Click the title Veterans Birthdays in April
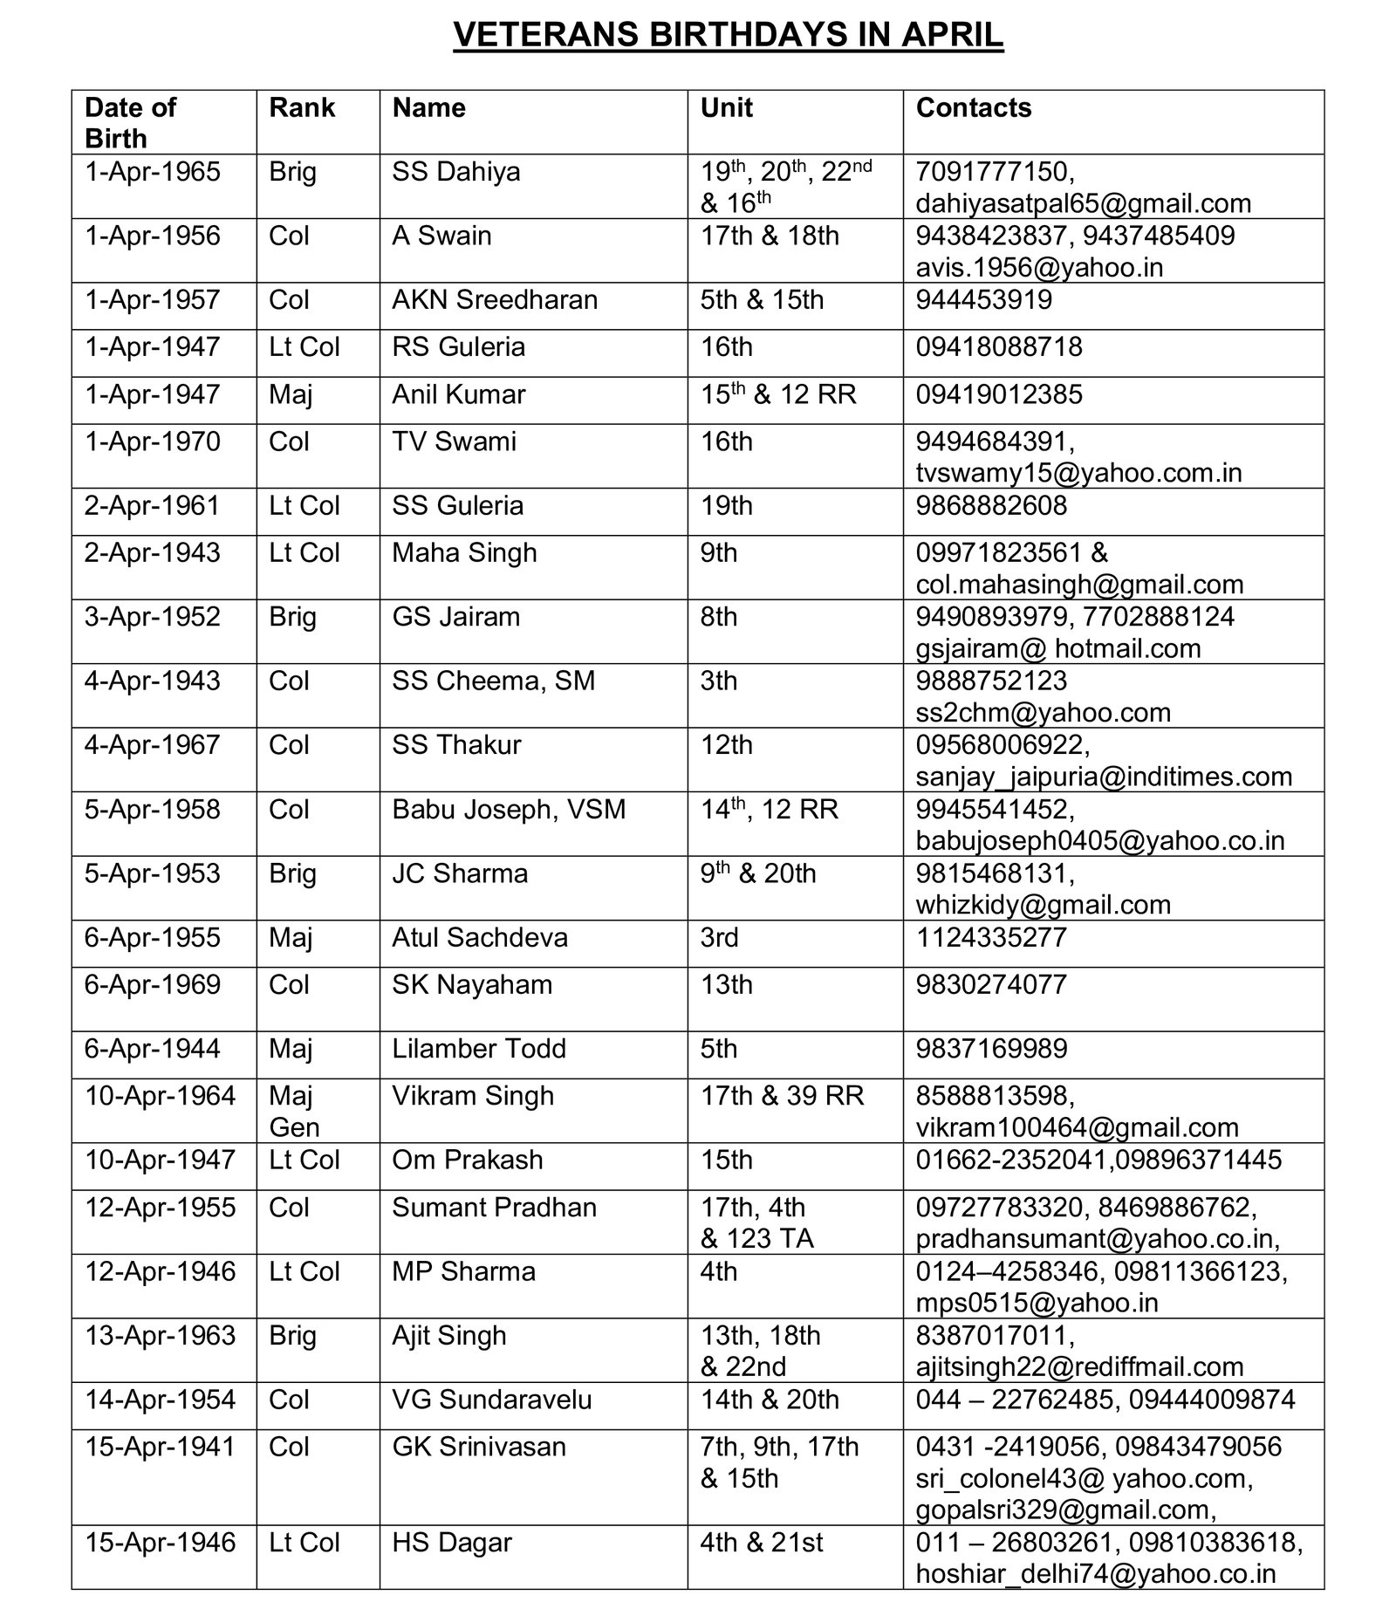(728, 35)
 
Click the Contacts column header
(973, 108)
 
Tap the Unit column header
(726, 108)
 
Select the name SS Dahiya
(455, 172)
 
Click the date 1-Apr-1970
(152, 442)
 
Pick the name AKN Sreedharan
(495, 300)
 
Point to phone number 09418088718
(998, 347)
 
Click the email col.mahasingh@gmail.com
(1079, 585)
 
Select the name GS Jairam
(455, 617)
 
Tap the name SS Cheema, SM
(493, 681)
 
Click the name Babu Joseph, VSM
(509, 810)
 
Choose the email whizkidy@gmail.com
(1043, 905)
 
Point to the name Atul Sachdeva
(480, 938)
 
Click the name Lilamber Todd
(479, 1049)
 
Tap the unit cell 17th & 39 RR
(782, 1096)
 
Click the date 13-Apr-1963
(160, 1336)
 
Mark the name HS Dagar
(452, 1543)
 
